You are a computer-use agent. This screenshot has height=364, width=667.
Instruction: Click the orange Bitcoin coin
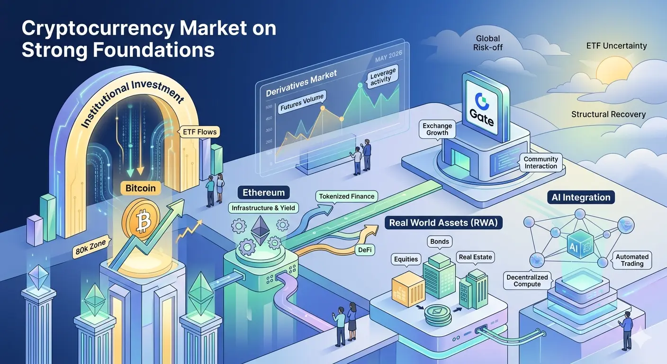[141, 219]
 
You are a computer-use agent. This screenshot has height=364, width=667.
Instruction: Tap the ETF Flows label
[199, 132]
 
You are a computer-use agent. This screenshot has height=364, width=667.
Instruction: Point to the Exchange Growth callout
[437, 129]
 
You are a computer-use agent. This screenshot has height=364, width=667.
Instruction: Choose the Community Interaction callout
[541, 163]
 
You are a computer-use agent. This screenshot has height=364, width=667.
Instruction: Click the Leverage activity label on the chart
[382, 77]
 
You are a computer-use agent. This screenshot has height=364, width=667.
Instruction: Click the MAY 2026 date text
[388, 56]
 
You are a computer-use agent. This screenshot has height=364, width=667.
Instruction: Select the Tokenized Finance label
[347, 197]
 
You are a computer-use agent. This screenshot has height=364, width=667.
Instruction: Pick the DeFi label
[365, 250]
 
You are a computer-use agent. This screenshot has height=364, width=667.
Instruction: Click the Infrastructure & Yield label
[263, 208]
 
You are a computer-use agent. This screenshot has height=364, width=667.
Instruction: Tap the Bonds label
[440, 242]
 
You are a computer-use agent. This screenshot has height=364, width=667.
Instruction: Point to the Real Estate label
[475, 257]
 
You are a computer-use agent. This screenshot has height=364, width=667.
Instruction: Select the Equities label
[406, 259]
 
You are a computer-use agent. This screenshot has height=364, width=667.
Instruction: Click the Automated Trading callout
[632, 260]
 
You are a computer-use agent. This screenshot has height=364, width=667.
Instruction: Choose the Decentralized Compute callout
[527, 281]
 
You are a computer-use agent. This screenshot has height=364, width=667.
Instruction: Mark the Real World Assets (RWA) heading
[443, 223]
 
